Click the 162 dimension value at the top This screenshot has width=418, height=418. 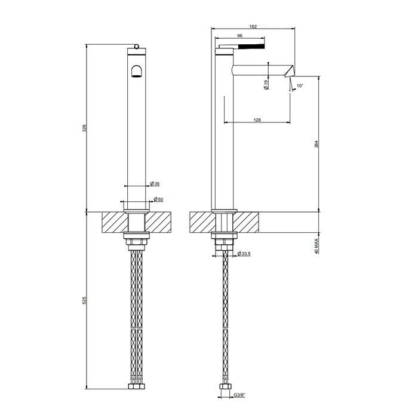[253, 26]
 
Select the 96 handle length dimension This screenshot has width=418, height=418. [239, 35]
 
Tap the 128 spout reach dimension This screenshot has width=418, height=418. [257, 120]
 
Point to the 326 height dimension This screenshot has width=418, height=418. [85, 128]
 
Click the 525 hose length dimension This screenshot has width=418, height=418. [85, 300]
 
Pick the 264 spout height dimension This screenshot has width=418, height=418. [316, 144]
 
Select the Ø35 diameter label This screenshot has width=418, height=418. [155, 183]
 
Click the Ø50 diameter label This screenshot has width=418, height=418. [158, 199]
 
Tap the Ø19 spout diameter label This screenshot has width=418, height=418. [266, 85]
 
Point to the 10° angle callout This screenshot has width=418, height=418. [300, 85]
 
